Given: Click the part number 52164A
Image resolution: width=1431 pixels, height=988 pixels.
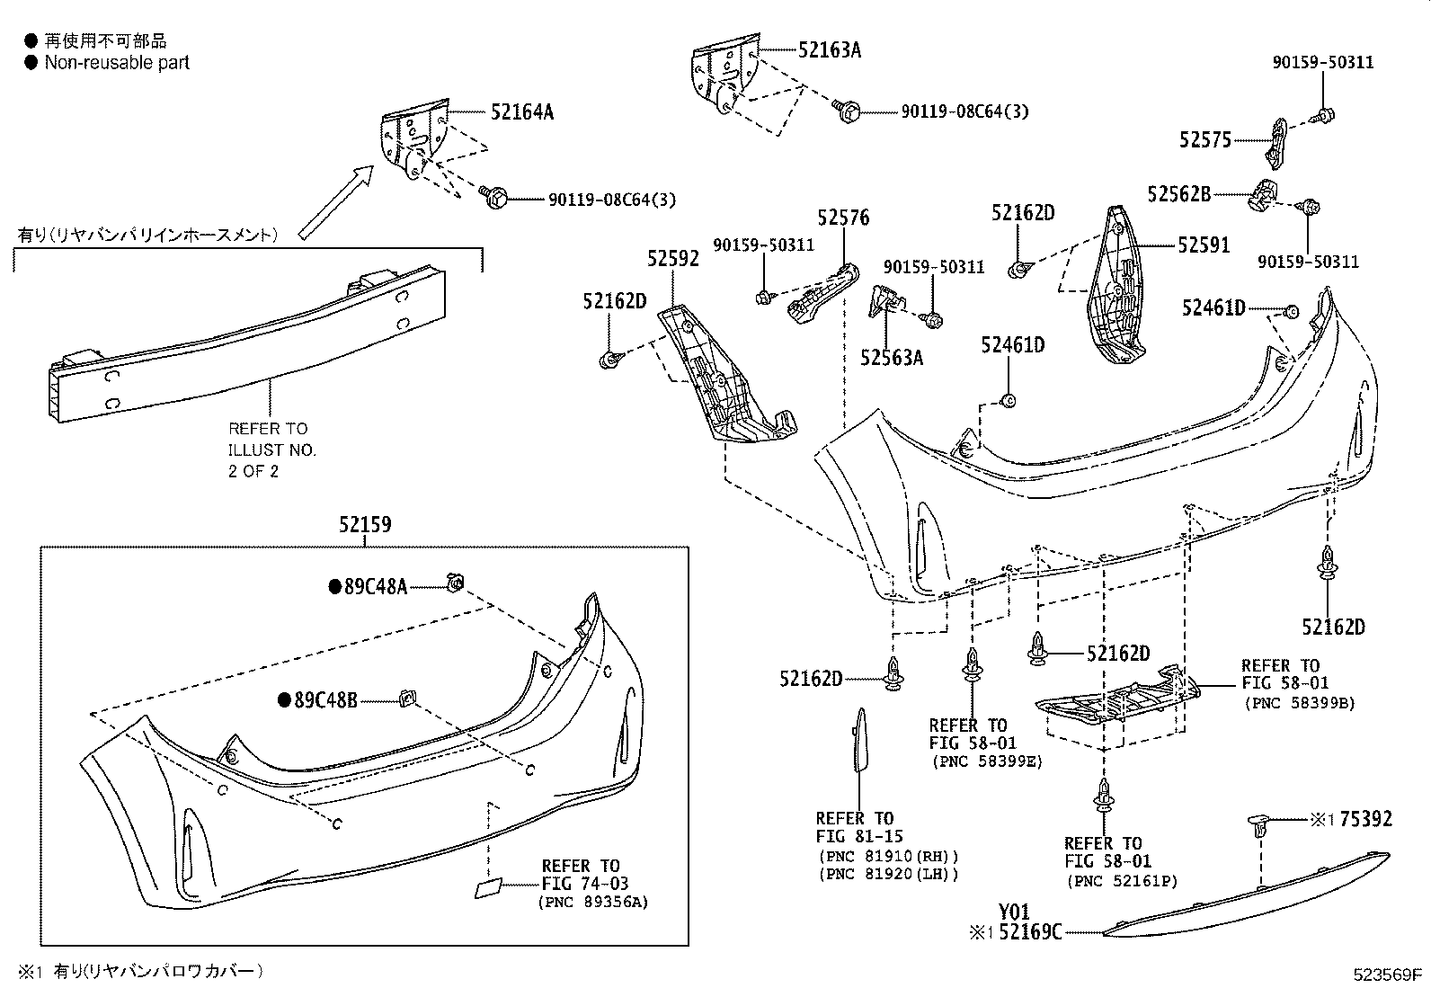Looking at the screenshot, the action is coord(522,112).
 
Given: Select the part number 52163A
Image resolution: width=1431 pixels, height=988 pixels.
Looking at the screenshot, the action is coord(829,50).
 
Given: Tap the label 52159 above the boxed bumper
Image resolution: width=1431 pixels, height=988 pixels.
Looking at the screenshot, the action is coord(365,524).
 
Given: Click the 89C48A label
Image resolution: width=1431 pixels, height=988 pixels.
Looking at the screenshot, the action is coord(376,587).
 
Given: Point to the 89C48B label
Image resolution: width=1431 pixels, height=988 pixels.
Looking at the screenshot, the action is coord(325,699).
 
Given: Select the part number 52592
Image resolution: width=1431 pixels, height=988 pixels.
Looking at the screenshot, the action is coord(673,259).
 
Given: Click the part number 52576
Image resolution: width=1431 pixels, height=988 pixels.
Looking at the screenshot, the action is coord(843,218).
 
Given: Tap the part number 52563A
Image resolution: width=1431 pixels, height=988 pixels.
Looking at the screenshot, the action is coord(892,358).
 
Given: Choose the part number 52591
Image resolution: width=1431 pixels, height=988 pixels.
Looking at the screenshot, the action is coord(1204,245).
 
